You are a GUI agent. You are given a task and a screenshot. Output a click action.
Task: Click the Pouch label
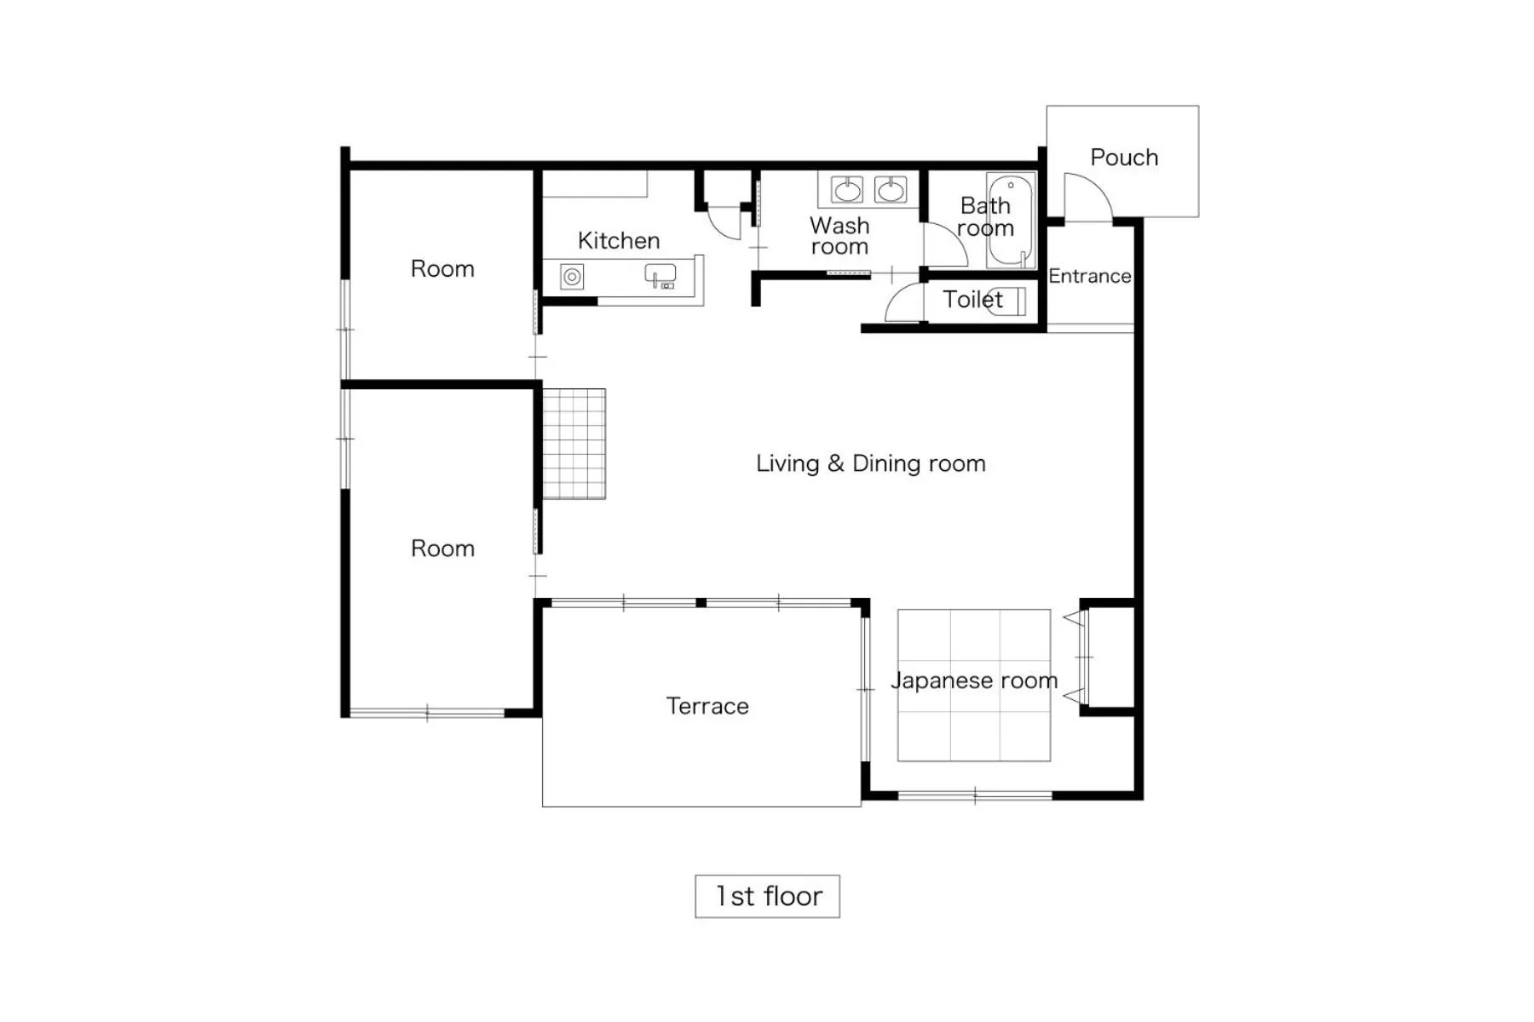[1123, 158]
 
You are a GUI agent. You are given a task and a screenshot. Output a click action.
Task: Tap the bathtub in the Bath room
[1011, 221]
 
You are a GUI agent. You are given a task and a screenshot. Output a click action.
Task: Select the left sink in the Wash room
[847, 190]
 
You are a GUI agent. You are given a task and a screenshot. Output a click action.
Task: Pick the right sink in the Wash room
[891, 190]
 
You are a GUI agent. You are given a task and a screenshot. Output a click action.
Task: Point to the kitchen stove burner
[572, 277]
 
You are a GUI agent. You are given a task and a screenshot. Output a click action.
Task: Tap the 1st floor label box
[767, 896]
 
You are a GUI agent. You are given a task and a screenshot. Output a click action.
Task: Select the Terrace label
[707, 706]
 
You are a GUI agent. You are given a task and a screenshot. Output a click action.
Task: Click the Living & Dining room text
[870, 463]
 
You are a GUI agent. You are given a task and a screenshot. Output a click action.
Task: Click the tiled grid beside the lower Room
[574, 444]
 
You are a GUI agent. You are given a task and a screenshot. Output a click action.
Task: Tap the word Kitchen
[619, 241]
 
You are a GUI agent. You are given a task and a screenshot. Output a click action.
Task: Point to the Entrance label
[1089, 276]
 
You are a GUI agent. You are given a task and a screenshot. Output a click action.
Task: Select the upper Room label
[442, 269]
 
